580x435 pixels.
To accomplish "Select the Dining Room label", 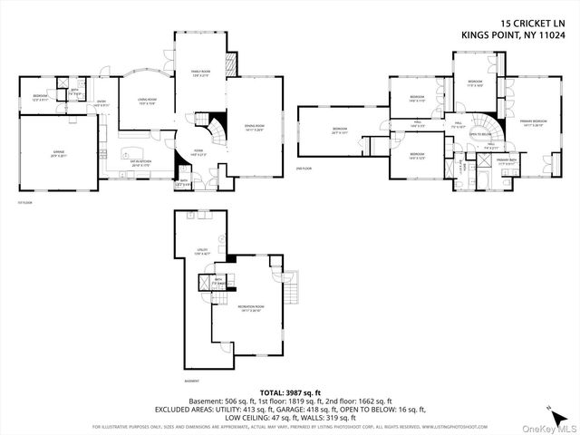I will point(253,128).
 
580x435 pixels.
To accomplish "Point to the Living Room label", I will point(148,101).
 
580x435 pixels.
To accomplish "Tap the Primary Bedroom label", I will point(534,122).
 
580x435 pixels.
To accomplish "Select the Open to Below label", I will point(480,134).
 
